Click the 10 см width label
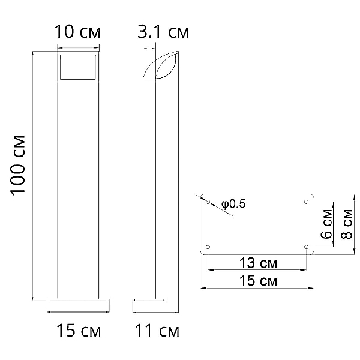[77, 32]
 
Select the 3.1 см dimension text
[163, 32]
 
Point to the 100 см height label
[17, 166]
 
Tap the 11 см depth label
[157, 331]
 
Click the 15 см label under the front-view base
[79, 331]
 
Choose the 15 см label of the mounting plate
[258, 280]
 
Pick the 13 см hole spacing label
[258, 263]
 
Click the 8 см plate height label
[347, 224]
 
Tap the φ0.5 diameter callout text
[233, 204]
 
